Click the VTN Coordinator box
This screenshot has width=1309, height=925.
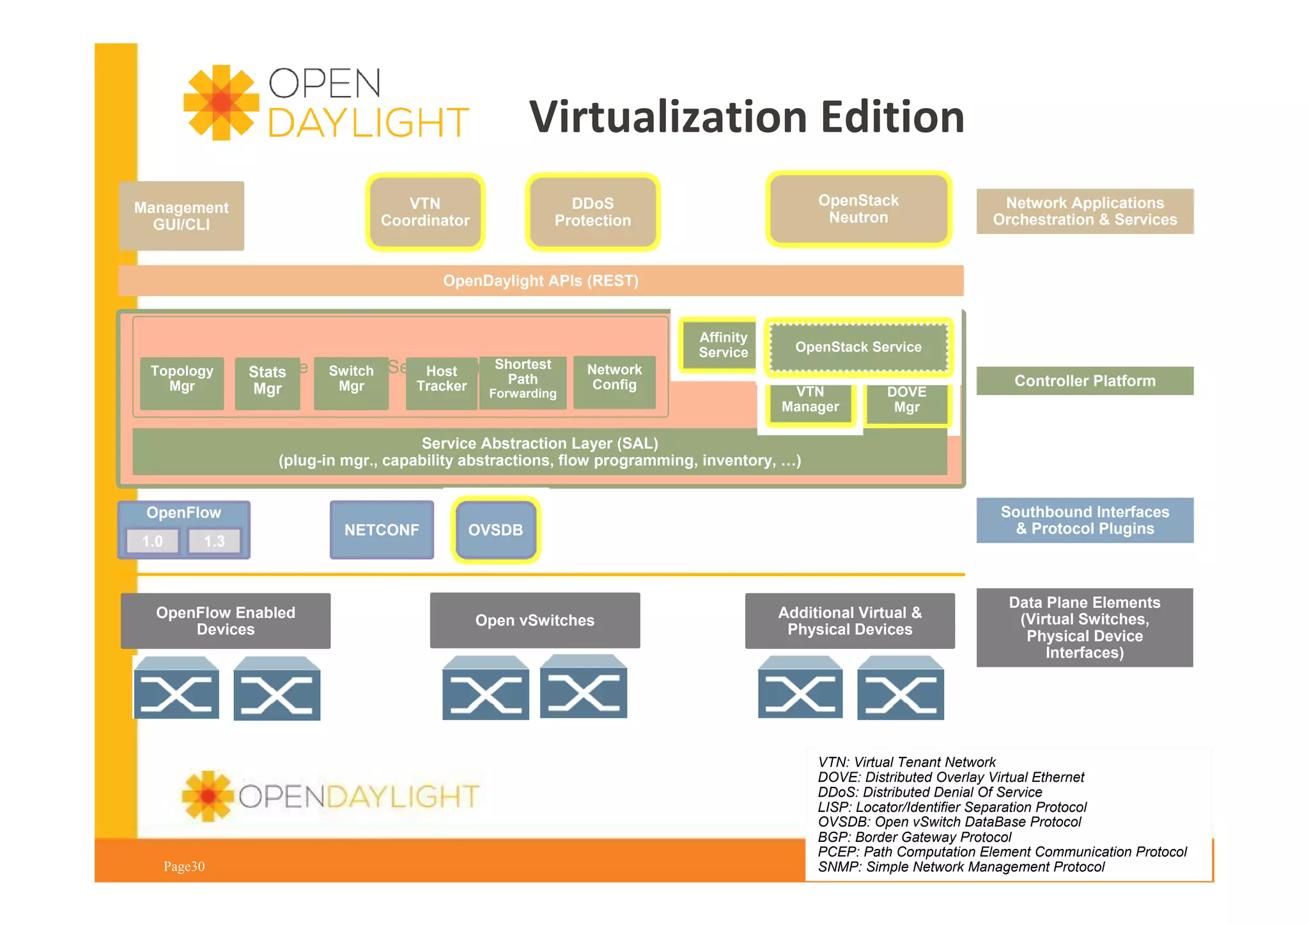point(425,212)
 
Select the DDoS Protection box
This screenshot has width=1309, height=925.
point(593,212)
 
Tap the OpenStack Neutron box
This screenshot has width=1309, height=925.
point(858,209)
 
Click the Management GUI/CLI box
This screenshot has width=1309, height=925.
point(182,216)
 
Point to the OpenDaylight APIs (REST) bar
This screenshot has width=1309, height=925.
point(541,281)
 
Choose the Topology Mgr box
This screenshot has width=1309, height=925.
point(182,382)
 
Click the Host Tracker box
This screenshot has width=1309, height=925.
point(441,382)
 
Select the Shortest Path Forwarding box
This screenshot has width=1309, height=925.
point(523,382)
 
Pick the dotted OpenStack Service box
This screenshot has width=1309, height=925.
point(858,347)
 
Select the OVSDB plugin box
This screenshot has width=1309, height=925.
point(495,530)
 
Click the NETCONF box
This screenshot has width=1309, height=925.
point(382,530)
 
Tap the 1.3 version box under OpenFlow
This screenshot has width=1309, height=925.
point(214,541)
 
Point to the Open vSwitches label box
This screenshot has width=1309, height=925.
point(535,620)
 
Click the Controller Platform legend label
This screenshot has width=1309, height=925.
point(1085,381)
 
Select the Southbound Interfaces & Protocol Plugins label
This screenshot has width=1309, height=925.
point(1085,520)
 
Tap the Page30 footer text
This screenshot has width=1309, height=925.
point(184,867)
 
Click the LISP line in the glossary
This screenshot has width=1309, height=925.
point(952,807)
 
